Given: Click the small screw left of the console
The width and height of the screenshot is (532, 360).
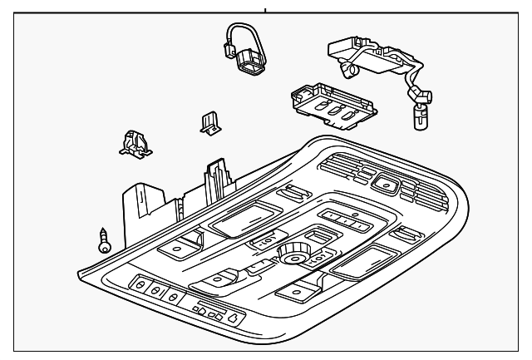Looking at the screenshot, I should (x=103, y=239).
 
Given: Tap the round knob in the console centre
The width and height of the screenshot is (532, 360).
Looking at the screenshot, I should (x=293, y=253).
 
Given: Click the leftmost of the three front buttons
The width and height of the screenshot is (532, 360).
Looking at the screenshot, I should (x=140, y=286).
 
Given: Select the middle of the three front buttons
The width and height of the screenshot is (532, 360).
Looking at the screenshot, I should (x=155, y=291).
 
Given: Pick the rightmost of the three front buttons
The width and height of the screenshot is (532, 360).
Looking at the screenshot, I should (x=172, y=297).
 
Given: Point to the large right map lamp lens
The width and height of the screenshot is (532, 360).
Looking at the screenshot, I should (x=362, y=260).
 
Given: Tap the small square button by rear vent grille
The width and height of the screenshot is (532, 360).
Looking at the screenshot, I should (x=387, y=185).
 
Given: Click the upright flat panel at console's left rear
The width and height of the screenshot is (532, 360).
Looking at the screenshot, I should (x=141, y=209).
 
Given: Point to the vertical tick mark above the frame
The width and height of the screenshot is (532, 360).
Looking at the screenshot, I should (x=265, y=11).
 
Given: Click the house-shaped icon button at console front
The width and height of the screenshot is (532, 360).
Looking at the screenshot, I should (x=234, y=318).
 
